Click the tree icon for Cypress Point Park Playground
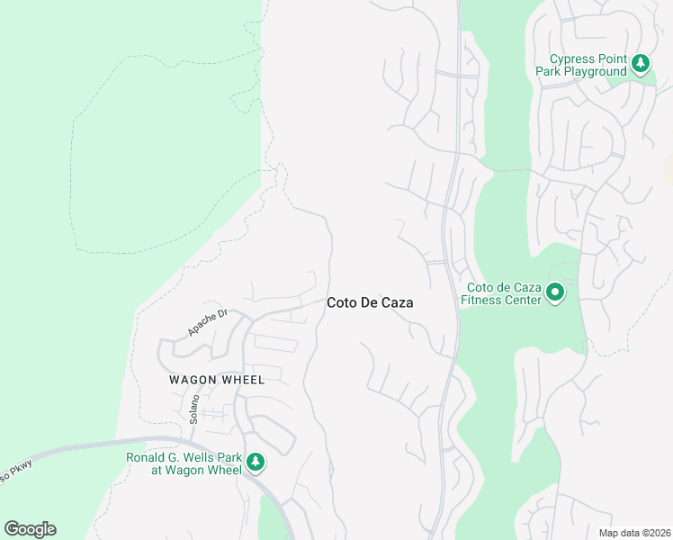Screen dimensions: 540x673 pos(640,63)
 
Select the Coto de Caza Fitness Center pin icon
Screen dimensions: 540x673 pos(555,292)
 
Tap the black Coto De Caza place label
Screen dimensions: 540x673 pos(369,303)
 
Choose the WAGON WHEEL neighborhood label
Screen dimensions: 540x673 pos(217,380)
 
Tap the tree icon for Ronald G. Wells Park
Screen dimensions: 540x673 pos(256,463)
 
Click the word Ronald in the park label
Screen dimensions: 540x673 pos(146,456)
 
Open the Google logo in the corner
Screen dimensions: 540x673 pos(30,528)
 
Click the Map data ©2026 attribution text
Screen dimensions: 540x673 pos(633,533)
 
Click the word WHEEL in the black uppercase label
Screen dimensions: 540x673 pos(242,380)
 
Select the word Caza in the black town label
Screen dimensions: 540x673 pos(397,303)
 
